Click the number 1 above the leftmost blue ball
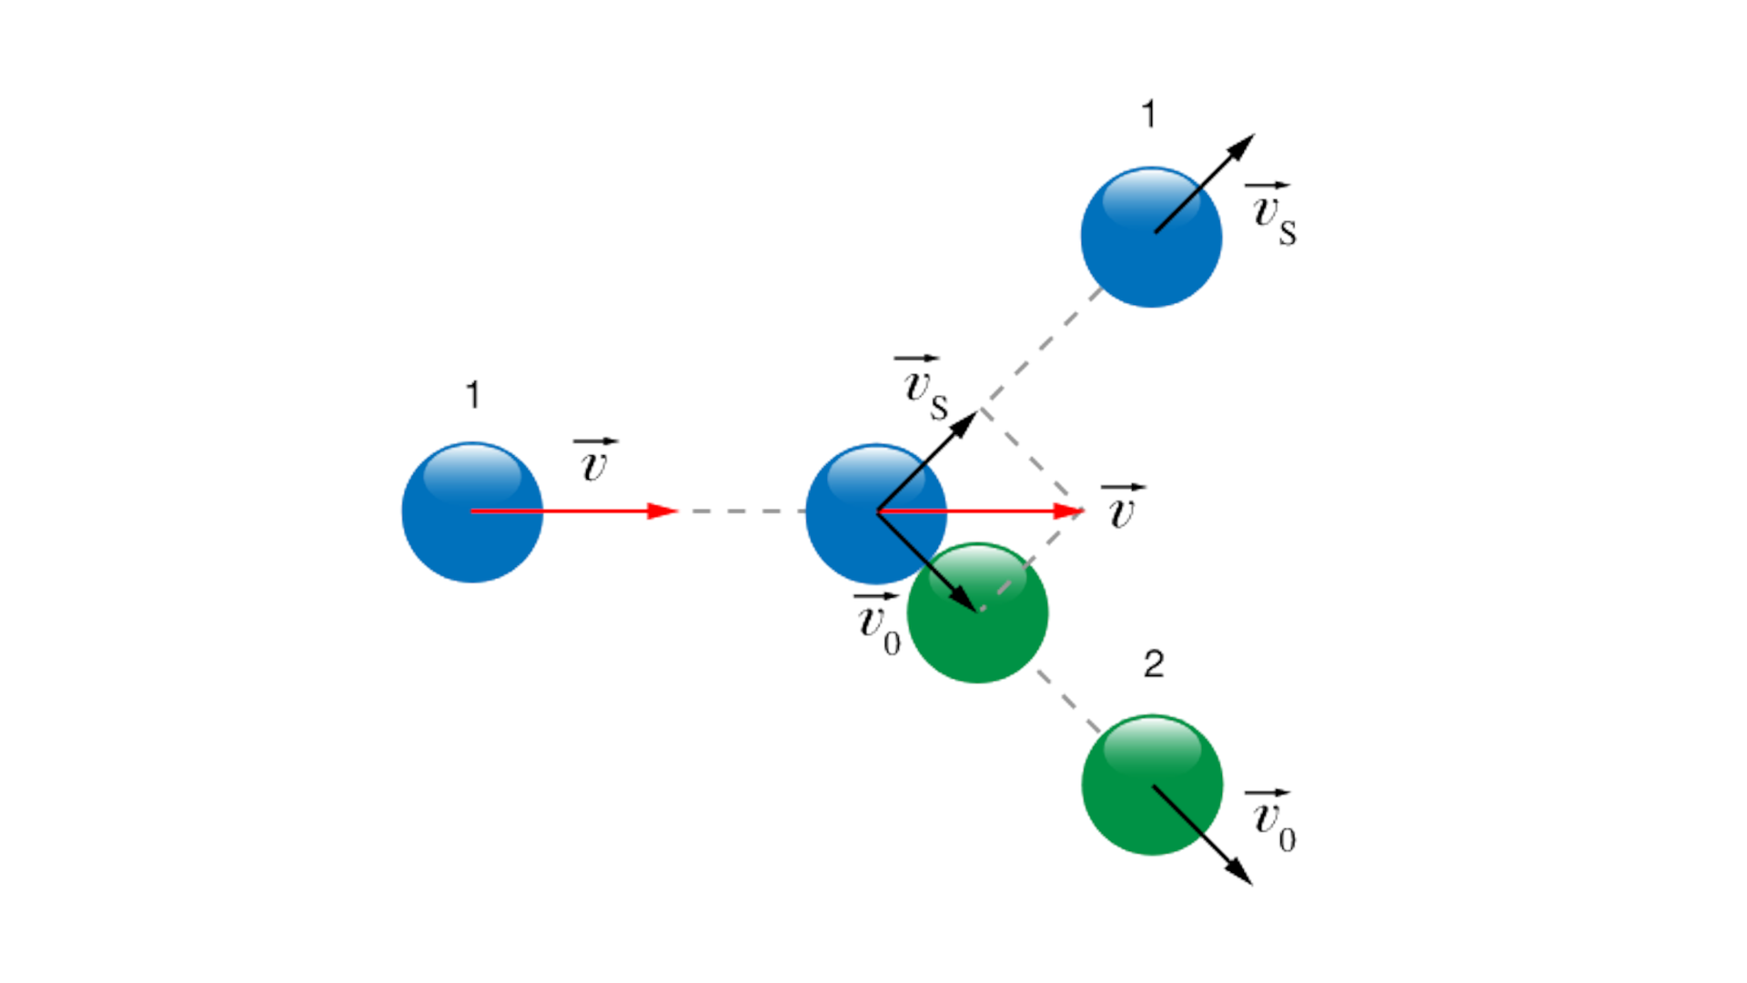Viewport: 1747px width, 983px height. click(x=472, y=395)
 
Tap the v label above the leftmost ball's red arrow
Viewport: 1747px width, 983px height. click(x=594, y=461)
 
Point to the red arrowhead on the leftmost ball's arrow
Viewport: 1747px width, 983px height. click(x=662, y=512)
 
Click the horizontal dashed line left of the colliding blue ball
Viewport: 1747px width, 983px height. click(x=742, y=512)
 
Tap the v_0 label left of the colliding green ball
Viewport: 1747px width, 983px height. click(x=877, y=624)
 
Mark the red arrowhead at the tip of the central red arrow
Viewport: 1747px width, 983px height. click(x=1068, y=512)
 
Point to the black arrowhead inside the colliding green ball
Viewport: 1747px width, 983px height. click(x=963, y=598)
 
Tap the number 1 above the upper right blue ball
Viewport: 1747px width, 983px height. click(x=1148, y=115)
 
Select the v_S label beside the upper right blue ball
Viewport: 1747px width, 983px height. click(x=1273, y=214)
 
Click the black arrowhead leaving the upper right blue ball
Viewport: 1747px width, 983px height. click(x=1241, y=147)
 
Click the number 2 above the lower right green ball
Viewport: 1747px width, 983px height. click(x=1153, y=664)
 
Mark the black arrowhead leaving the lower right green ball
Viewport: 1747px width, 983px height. click(x=1239, y=871)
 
